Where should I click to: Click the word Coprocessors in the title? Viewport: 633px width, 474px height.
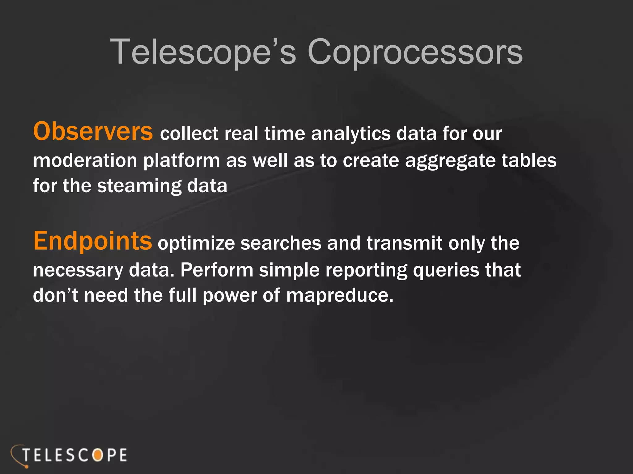click(x=415, y=52)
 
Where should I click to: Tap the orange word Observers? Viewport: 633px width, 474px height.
click(x=93, y=131)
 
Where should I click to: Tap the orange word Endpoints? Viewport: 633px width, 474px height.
click(x=92, y=241)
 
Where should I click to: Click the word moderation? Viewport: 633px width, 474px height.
click(x=85, y=161)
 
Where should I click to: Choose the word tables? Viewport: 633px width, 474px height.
click(x=529, y=161)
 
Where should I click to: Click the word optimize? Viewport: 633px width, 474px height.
click(x=196, y=244)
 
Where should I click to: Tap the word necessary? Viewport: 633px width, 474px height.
click(x=78, y=270)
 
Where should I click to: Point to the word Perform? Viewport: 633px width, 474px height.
click(x=217, y=270)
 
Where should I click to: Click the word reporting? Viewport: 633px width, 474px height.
click(x=366, y=271)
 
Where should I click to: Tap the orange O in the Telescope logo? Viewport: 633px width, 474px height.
click(x=97, y=455)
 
